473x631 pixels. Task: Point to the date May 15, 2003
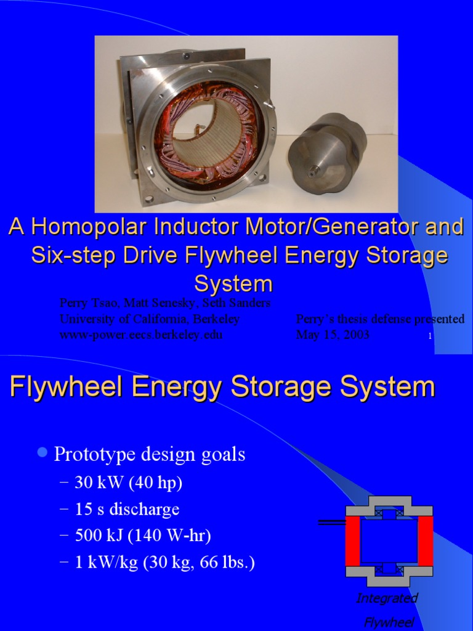[x=333, y=335]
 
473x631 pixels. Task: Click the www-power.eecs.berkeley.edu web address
[x=141, y=335]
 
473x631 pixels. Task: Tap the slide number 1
[x=429, y=336]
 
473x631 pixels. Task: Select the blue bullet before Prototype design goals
[x=42, y=454]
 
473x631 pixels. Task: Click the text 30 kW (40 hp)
[x=129, y=482]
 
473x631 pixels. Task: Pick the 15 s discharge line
[x=127, y=510]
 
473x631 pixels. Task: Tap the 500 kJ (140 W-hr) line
[x=143, y=536]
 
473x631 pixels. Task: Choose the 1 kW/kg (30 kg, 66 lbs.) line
[x=164, y=563]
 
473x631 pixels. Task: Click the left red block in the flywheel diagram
[x=352, y=540]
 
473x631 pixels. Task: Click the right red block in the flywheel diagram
[x=426, y=540]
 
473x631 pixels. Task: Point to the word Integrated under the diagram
[x=387, y=598]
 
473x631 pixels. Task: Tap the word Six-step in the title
[x=73, y=256]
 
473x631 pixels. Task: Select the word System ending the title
[x=233, y=283]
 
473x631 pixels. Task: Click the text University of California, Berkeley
[x=150, y=319]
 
